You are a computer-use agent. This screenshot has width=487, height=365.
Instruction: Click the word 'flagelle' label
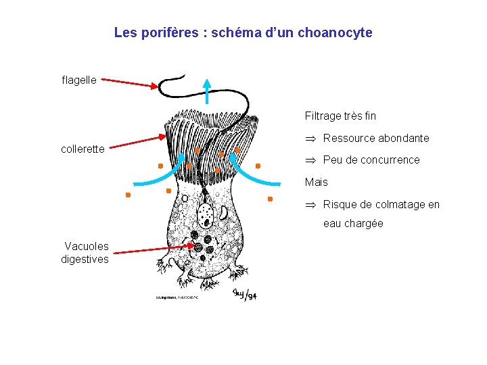79,80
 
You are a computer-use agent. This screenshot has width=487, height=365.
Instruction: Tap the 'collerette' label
83,149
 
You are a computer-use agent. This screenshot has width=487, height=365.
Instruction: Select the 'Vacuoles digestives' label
85,253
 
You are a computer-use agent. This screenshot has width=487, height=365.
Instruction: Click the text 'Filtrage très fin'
340,116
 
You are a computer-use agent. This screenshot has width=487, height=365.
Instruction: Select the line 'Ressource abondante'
375,139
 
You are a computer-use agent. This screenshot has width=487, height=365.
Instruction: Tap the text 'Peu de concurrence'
371,160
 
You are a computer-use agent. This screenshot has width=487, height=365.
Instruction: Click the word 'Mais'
317,182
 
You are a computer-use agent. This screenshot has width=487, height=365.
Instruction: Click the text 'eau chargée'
353,224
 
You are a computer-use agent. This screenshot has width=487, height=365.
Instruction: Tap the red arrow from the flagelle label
128,82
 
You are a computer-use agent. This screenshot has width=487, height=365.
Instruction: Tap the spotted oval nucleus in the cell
205,215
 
